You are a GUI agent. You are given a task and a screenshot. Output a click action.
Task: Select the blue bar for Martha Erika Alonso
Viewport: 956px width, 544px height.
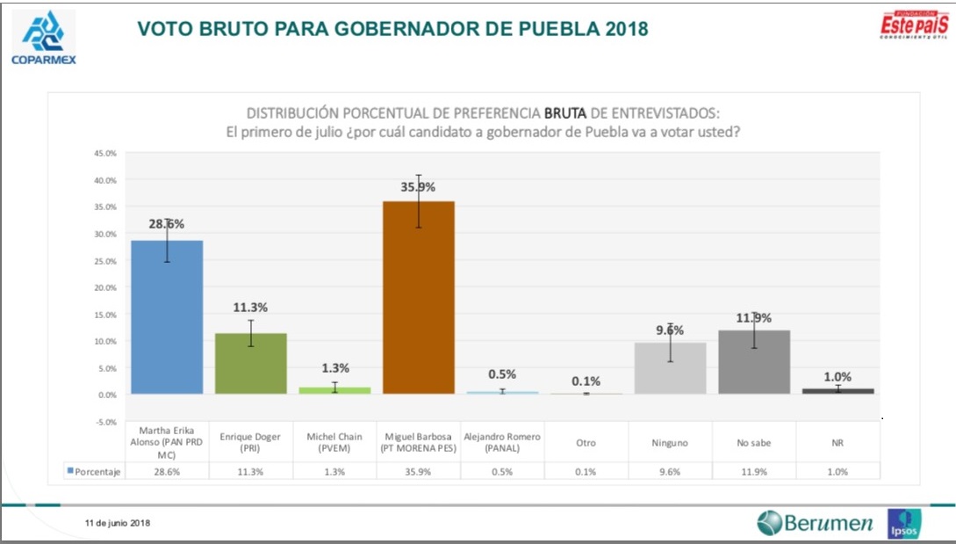click(x=167, y=316)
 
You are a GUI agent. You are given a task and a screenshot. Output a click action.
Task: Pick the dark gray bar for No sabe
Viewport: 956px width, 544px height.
click(x=754, y=361)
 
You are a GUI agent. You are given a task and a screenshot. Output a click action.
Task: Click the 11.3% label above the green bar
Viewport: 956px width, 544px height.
click(x=250, y=308)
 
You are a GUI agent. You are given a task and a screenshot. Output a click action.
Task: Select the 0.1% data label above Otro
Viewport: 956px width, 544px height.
click(x=586, y=381)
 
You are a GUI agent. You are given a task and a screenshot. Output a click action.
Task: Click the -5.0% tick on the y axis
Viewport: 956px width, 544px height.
click(x=104, y=422)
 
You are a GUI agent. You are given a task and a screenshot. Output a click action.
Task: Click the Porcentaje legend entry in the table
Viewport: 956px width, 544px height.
click(x=94, y=472)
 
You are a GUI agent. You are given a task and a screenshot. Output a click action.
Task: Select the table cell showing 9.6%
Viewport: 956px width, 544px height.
click(x=670, y=472)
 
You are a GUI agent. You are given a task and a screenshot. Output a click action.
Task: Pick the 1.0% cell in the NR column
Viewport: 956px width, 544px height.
click(x=837, y=472)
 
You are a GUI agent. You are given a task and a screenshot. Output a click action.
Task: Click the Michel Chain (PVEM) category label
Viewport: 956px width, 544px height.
click(x=334, y=442)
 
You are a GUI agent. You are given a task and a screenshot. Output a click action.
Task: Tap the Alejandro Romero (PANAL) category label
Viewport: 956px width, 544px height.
click(x=502, y=442)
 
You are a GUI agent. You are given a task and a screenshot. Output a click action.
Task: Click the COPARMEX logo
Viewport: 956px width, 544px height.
click(x=42, y=38)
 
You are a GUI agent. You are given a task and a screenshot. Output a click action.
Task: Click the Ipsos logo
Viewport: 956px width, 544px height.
click(x=903, y=524)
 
